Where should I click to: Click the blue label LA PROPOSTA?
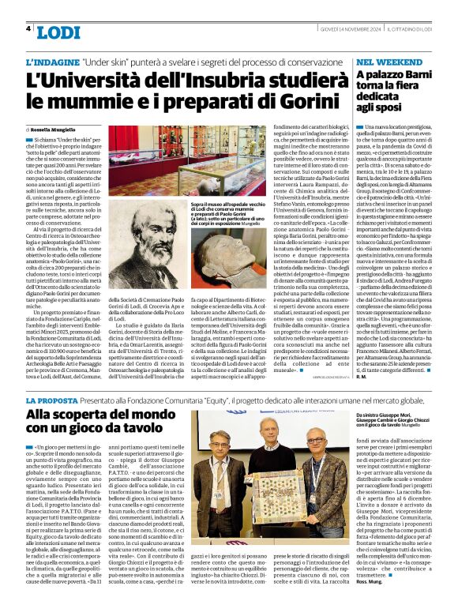click(54, 402)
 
